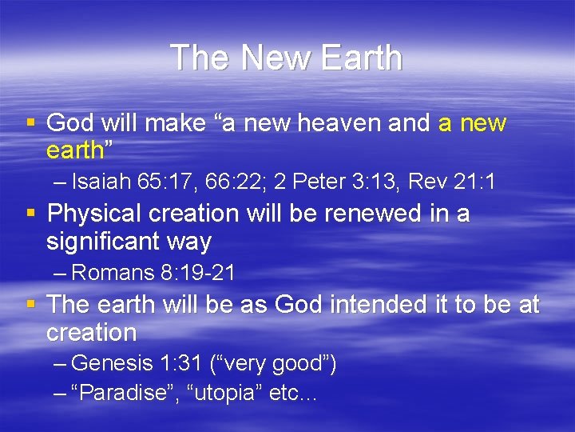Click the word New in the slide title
(268, 58)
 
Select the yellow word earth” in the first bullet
(76, 150)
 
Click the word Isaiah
(99, 182)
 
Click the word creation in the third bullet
(91, 331)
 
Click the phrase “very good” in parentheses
(276, 364)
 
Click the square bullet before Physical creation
(31, 214)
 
